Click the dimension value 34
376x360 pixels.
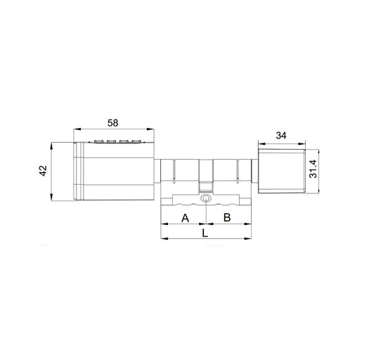(281, 135)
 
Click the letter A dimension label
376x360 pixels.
(185, 218)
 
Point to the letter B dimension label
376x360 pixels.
(227, 218)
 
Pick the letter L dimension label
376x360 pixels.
(205, 232)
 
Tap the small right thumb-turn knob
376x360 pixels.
(281, 171)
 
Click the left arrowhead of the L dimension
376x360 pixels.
(164, 239)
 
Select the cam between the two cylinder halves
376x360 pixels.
(205, 188)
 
